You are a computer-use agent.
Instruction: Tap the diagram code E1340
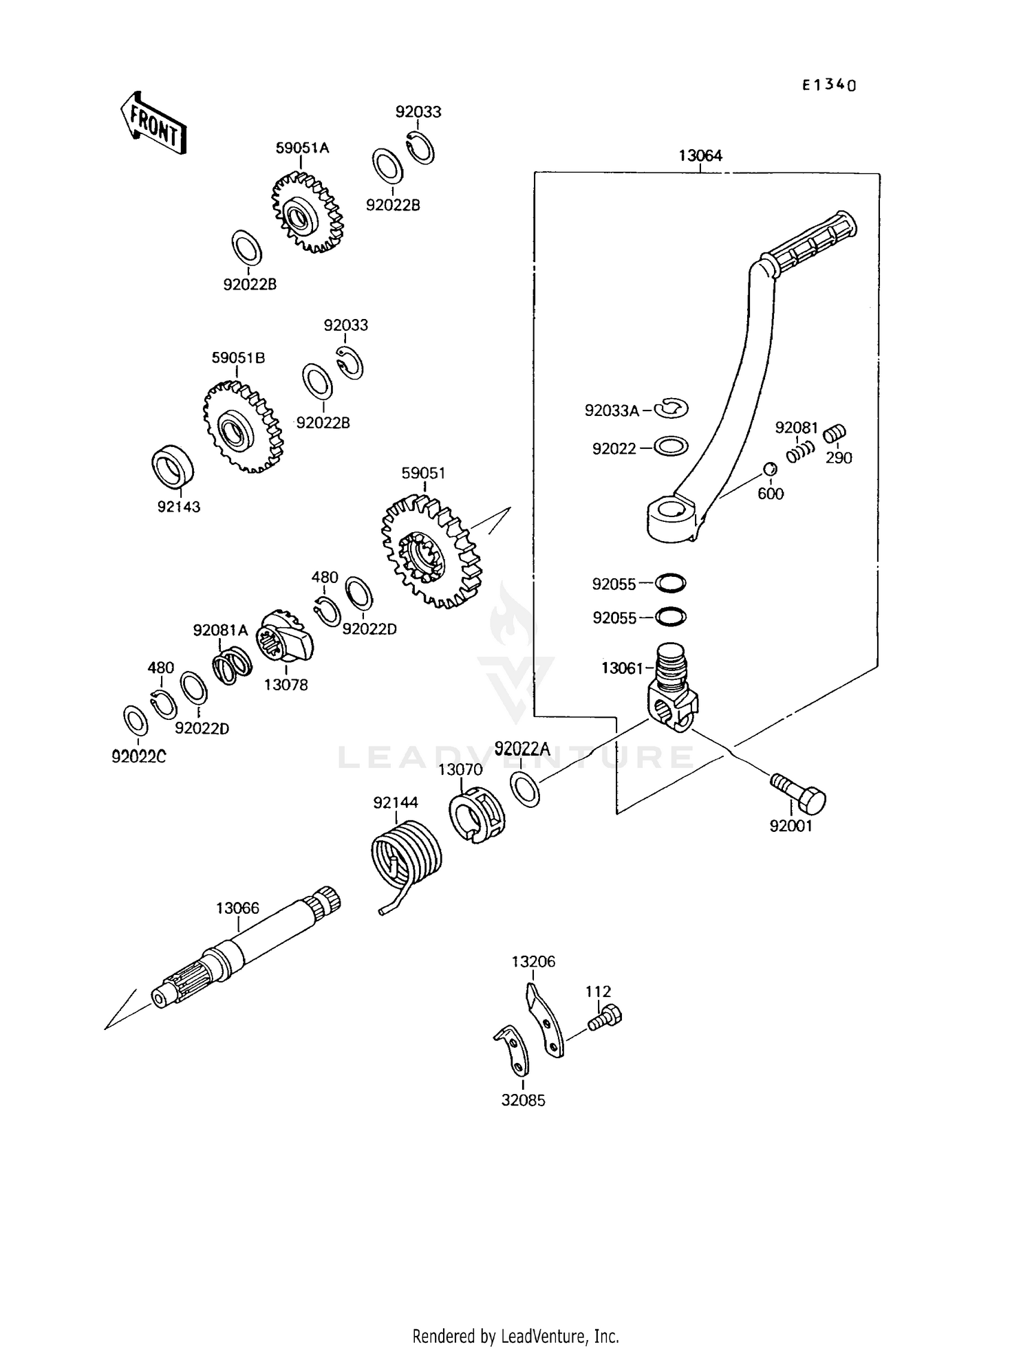(x=829, y=85)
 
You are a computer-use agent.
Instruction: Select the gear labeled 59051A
(x=308, y=213)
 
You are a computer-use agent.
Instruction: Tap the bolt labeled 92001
(x=802, y=794)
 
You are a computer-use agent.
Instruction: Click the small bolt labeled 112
(x=605, y=1017)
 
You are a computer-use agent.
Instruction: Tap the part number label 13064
(x=700, y=156)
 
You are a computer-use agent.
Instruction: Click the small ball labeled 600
(x=769, y=470)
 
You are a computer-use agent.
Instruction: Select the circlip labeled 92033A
(x=671, y=409)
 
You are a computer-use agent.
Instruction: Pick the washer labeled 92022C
(x=136, y=720)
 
